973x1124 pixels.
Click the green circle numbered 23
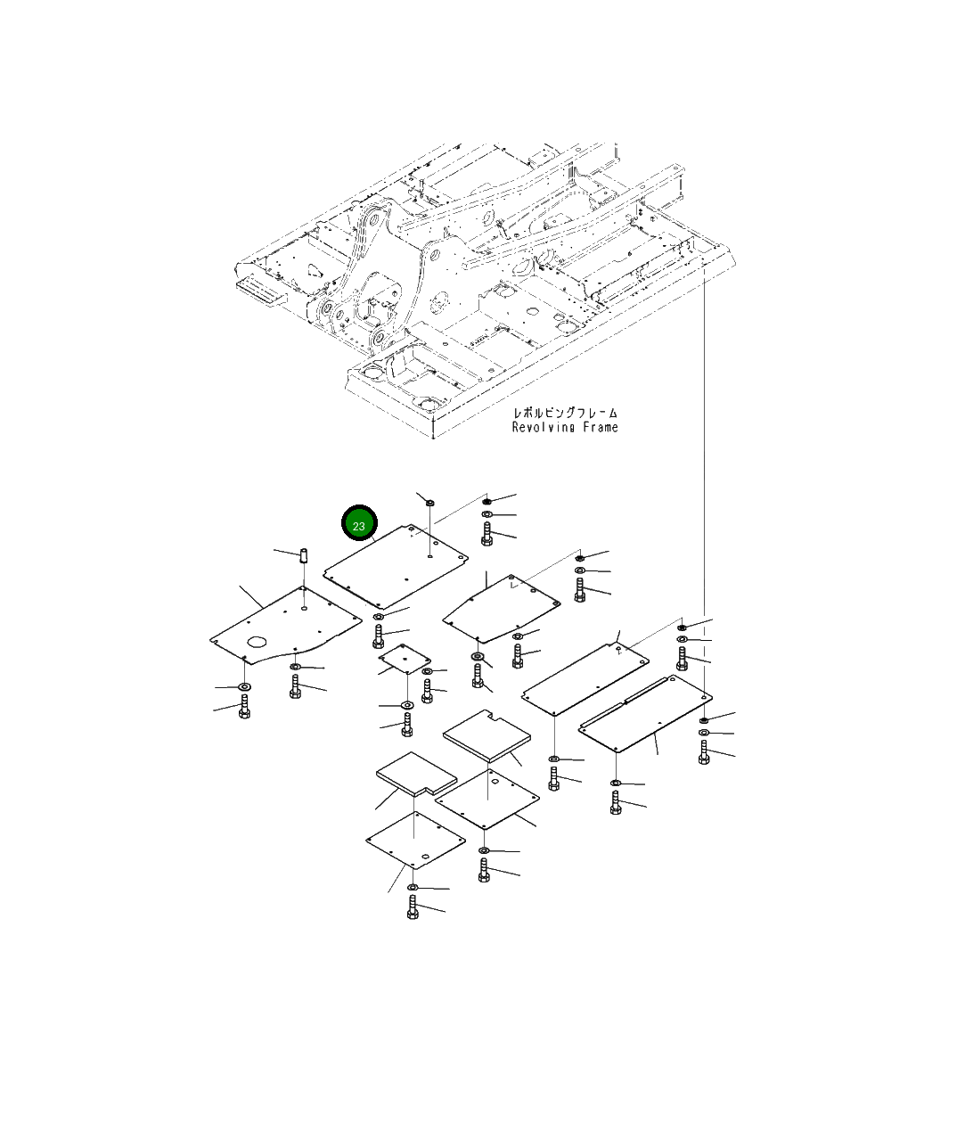click(359, 524)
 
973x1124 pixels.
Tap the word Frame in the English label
click(600, 428)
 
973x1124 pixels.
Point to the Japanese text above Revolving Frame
click(565, 413)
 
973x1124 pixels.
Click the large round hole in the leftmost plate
click(259, 642)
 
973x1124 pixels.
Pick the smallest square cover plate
click(404, 659)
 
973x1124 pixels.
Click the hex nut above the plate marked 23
click(429, 503)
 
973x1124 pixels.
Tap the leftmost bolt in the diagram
click(244, 708)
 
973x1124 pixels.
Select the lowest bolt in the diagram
click(413, 907)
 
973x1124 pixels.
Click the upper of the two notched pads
click(487, 736)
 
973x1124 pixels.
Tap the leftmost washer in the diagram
click(244, 687)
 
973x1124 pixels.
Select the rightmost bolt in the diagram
click(704, 754)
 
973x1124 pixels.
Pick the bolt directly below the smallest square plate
click(408, 724)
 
